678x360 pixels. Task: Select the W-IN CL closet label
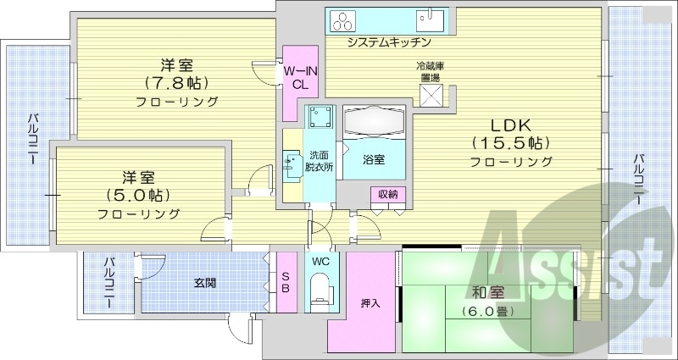[300, 76]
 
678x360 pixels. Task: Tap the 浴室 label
[374, 159]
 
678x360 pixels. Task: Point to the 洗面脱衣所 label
[320, 161]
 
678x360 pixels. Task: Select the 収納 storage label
[388, 195]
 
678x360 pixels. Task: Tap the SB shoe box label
[286, 282]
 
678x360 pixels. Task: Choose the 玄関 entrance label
[203, 282]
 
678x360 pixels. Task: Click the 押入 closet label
[370, 303]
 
